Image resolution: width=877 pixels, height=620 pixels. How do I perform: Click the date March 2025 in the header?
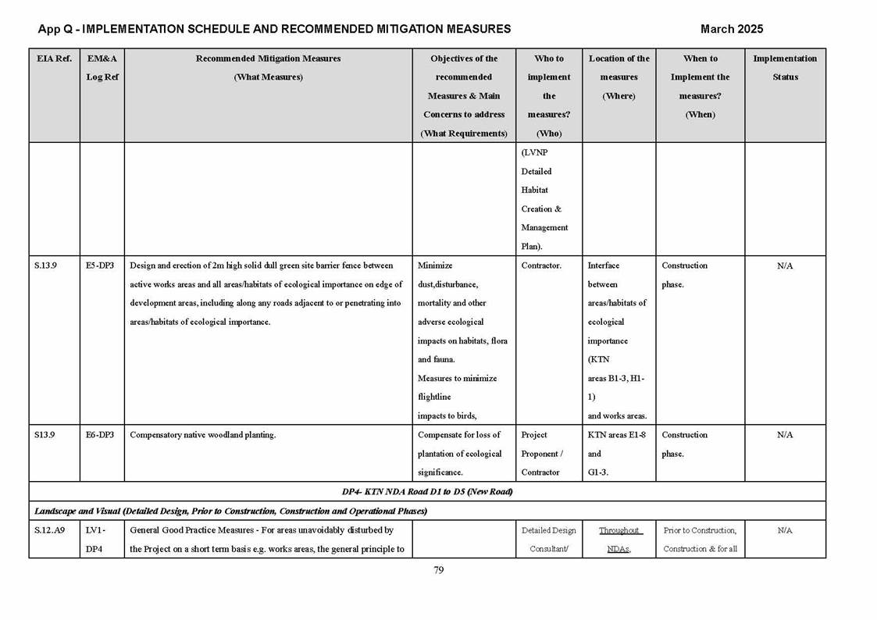coord(731,29)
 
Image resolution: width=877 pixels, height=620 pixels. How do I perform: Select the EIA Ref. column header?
coord(54,59)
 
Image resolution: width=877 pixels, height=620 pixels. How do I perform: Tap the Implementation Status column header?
coord(785,68)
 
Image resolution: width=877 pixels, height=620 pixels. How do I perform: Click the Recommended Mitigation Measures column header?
coord(268,68)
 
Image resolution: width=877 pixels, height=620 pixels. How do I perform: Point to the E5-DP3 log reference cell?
coord(100,265)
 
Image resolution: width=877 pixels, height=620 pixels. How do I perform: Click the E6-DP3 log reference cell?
coord(100,435)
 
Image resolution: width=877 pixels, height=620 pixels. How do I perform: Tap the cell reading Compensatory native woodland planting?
coord(203,435)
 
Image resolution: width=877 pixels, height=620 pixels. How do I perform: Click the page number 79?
coord(438,570)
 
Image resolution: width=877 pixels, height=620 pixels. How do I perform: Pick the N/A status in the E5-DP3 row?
coord(785,266)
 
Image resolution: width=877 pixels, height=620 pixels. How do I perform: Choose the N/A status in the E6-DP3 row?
coord(785,436)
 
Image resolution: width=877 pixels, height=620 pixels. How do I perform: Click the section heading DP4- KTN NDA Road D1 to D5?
coord(426,492)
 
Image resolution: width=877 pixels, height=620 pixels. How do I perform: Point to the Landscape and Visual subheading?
coord(230,511)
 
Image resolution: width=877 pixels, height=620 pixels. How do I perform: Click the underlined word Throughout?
coord(619,530)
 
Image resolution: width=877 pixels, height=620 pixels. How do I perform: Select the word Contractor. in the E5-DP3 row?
coord(541,265)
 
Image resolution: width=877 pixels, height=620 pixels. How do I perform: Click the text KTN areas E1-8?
coord(616,435)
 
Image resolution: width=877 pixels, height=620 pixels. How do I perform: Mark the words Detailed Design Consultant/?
coord(548,540)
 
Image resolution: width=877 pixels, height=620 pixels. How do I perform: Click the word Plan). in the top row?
coord(534,247)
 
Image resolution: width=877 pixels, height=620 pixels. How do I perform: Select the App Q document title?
coord(274,29)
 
